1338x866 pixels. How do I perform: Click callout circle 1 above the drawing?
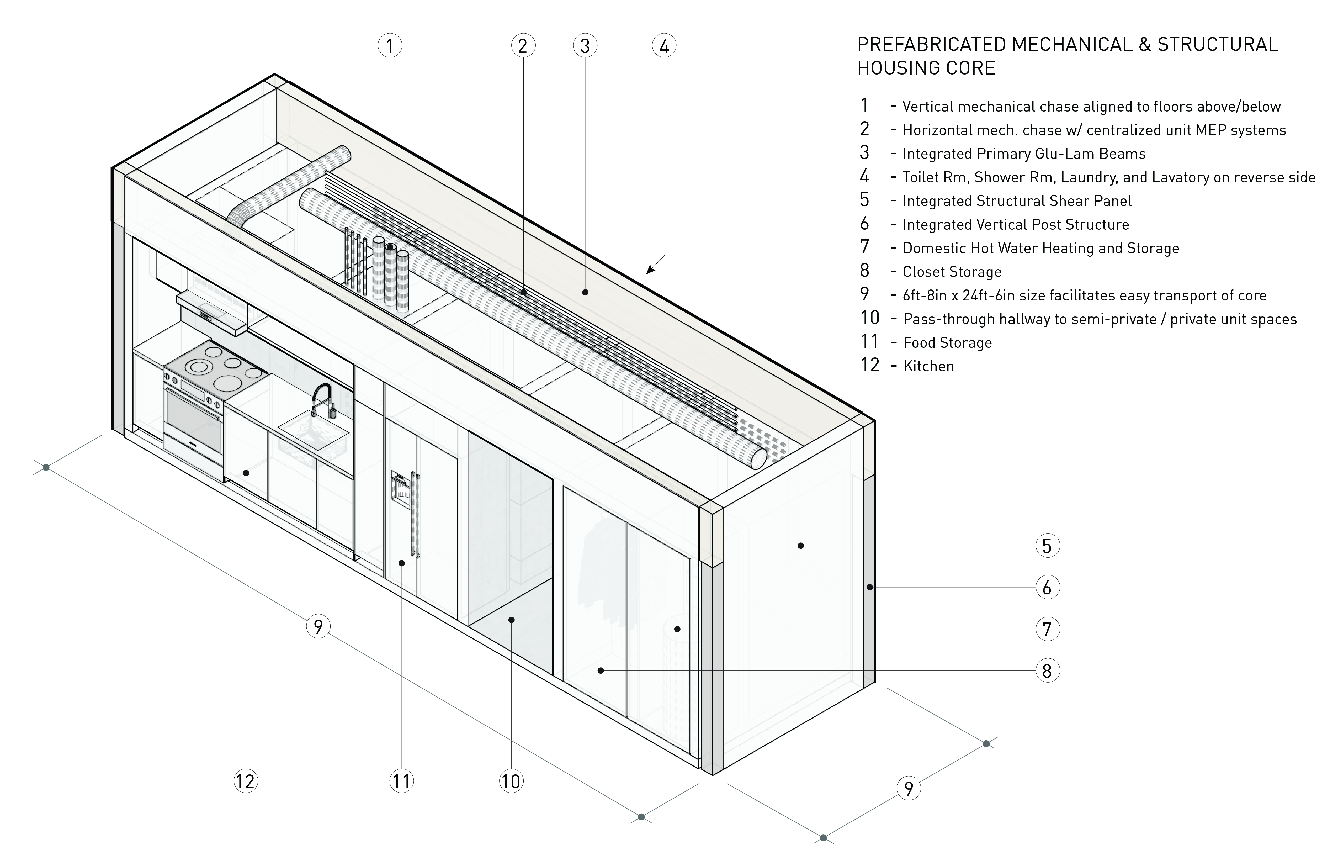(x=390, y=46)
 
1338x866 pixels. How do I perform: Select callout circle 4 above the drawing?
(x=664, y=46)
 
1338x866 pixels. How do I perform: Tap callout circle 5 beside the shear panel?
(x=1047, y=546)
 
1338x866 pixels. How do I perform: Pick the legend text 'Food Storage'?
(x=947, y=343)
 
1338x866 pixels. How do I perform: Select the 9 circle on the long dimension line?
(x=318, y=626)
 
